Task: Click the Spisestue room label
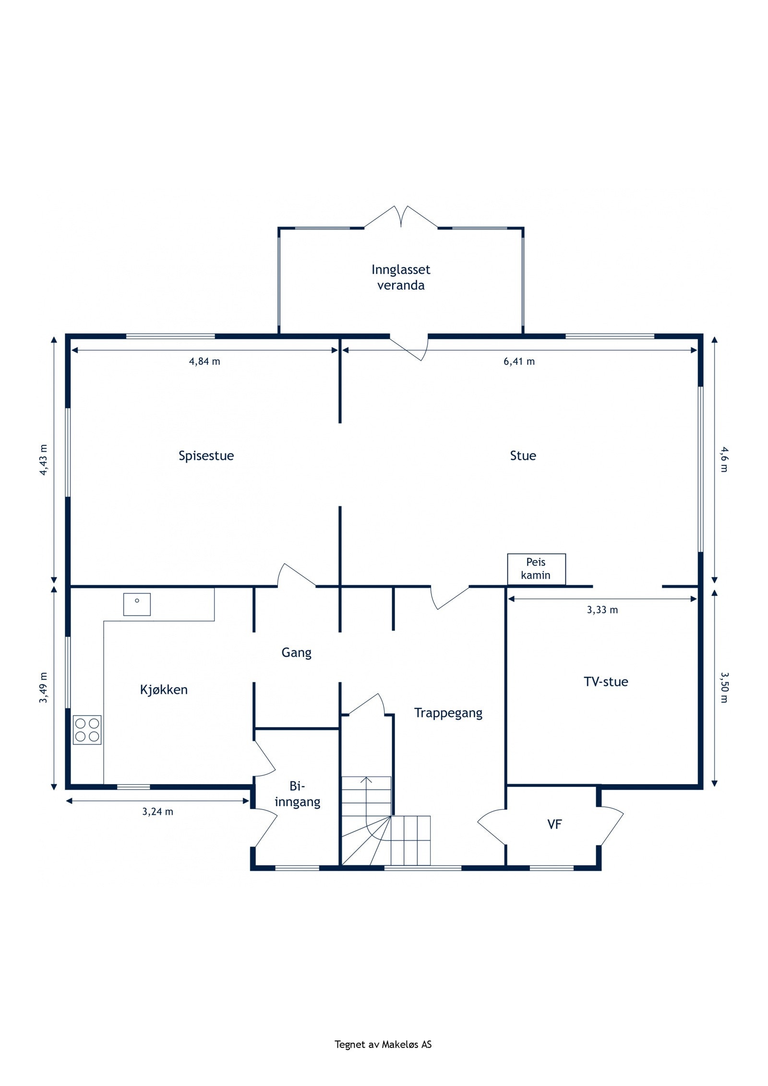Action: click(206, 456)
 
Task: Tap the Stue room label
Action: click(523, 455)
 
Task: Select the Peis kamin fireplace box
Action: click(536, 569)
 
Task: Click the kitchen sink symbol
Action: click(137, 604)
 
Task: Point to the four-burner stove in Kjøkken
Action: click(87, 730)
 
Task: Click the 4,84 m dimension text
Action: click(204, 362)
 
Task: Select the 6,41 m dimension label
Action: click(519, 362)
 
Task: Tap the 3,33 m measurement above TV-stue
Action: click(602, 610)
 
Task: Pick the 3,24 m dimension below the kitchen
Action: click(157, 812)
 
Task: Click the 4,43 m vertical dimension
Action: click(44, 460)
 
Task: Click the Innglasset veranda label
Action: click(401, 277)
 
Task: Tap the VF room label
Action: click(554, 824)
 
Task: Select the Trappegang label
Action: click(448, 713)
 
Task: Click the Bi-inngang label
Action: click(298, 794)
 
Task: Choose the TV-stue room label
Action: click(606, 681)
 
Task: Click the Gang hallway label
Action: click(296, 653)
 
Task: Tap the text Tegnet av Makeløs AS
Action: click(383, 1044)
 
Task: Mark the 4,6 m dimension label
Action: click(724, 459)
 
